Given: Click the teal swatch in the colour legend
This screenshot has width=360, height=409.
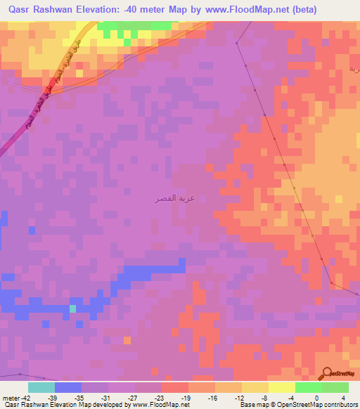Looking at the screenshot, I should [41, 387].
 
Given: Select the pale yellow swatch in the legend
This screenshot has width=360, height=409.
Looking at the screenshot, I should [281, 387].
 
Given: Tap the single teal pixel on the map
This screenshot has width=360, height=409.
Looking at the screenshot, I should [72, 309].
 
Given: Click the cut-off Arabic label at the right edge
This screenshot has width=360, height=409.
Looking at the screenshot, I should [354, 70].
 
